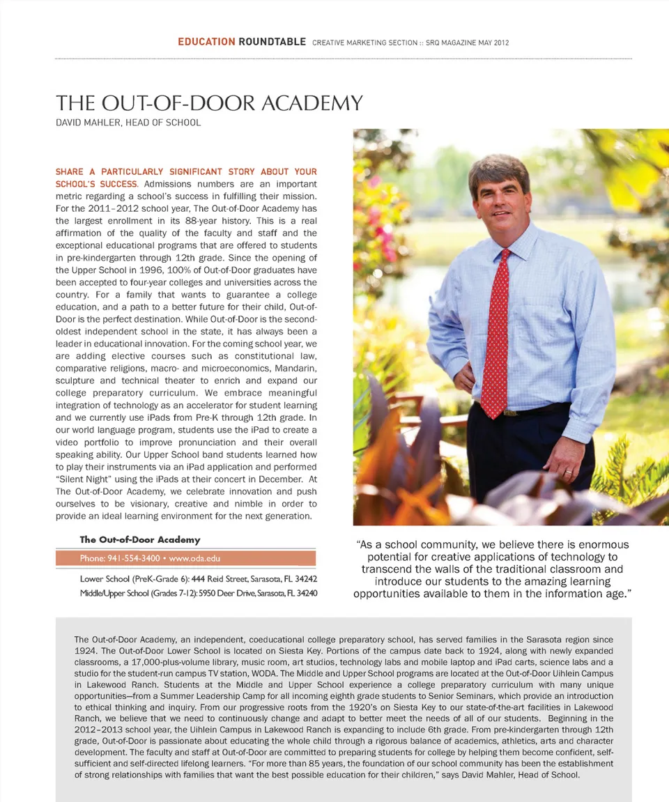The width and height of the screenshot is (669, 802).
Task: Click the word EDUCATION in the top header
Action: coord(206,42)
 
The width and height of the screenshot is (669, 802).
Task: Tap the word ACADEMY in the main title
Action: coord(312,104)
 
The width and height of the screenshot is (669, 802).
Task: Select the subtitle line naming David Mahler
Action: coord(128,123)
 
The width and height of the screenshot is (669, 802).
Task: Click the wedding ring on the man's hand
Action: coord(568,472)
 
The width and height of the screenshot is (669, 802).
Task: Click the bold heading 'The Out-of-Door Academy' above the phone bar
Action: coord(140,539)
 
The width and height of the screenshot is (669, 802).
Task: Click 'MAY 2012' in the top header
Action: coord(493,43)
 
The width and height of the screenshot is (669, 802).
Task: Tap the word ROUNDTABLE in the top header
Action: coord(272,42)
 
